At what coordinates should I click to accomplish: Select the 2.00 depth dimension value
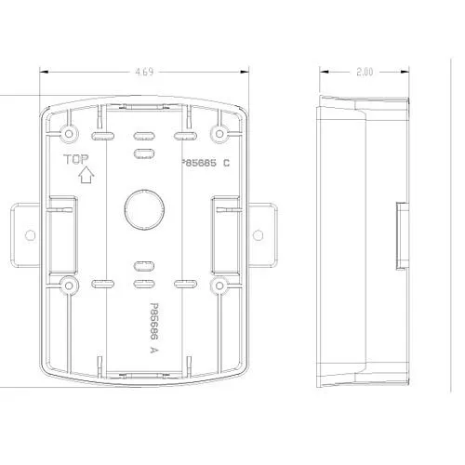[364, 71]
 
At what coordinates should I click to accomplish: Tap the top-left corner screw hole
[68, 126]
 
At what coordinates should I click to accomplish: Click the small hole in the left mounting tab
[28, 232]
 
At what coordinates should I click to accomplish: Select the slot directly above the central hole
[142, 151]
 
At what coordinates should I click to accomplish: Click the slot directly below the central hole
[142, 266]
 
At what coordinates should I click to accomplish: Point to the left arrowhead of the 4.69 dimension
[44, 71]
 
